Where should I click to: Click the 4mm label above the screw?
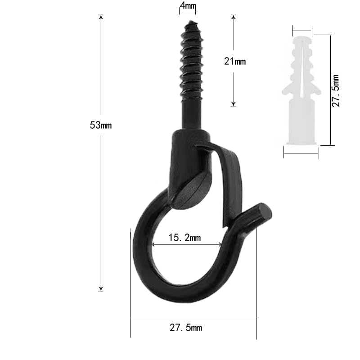tap(188, 6)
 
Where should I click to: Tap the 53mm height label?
tap(100, 125)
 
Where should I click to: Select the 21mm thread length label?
tap(235, 61)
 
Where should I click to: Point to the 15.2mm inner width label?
tap(184, 238)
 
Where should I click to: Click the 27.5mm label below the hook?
tap(186, 328)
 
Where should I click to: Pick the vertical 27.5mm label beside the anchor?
tap(335, 90)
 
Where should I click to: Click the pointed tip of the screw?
tap(190, 21)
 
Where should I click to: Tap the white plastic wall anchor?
tap(301, 90)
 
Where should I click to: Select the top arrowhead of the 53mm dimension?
tap(101, 17)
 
